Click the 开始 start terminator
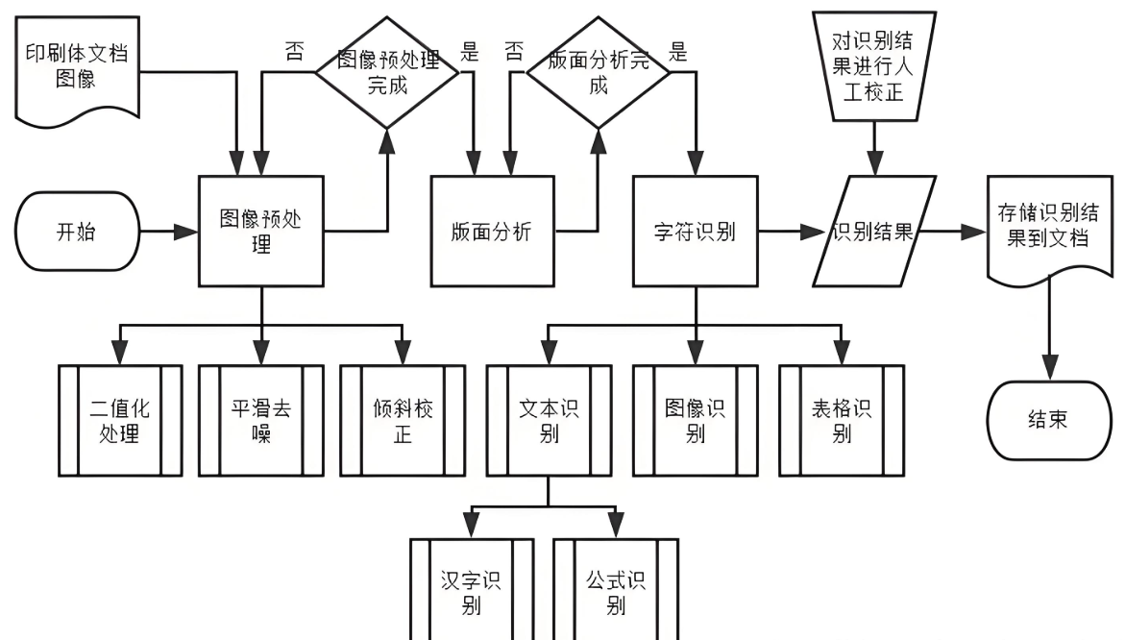pyautogui.click(x=78, y=232)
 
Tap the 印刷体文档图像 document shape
pyautogui.click(x=74, y=67)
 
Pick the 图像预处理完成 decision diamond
pyautogui.click(x=388, y=72)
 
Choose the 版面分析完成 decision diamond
pyautogui.click(x=598, y=72)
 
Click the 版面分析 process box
pyautogui.click(x=492, y=232)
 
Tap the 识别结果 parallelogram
pyautogui.click(x=872, y=232)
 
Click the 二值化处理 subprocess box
pyautogui.click(x=120, y=421)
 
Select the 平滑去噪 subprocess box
pyautogui.click(x=261, y=421)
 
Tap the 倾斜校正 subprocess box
pyautogui.click(x=403, y=421)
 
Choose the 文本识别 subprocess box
pyautogui.click(x=549, y=421)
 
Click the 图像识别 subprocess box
pyautogui.click(x=696, y=421)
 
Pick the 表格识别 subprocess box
pyautogui.click(x=842, y=421)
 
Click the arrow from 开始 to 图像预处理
pyautogui.click(x=169, y=232)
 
